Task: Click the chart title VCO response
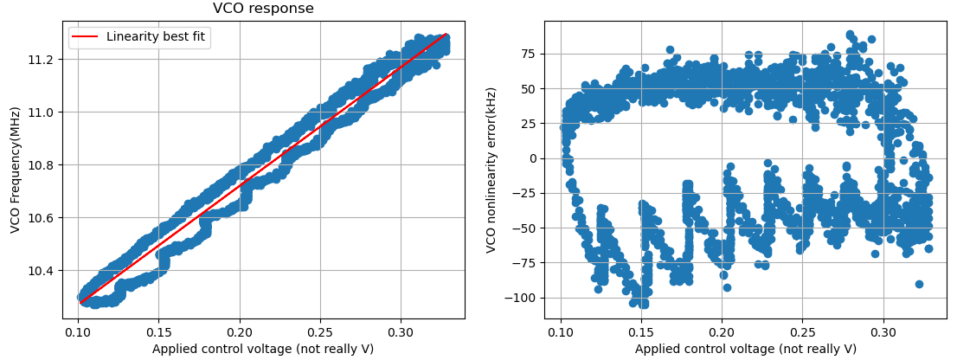[x=263, y=9]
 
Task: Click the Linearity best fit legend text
[x=156, y=36]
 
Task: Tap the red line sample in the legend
[x=86, y=36]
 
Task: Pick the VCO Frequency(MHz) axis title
[x=15, y=170]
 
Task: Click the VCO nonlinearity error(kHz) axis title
[x=491, y=170]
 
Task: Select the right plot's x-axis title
[x=746, y=349]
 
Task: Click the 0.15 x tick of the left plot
[x=157, y=331]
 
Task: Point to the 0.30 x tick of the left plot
[x=400, y=331]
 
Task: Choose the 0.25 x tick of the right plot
[x=802, y=331]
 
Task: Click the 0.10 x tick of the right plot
[x=561, y=331]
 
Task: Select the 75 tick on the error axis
[x=527, y=54]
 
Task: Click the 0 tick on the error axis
[x=530, y=158]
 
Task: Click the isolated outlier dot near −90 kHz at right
[x=919, y=284]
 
